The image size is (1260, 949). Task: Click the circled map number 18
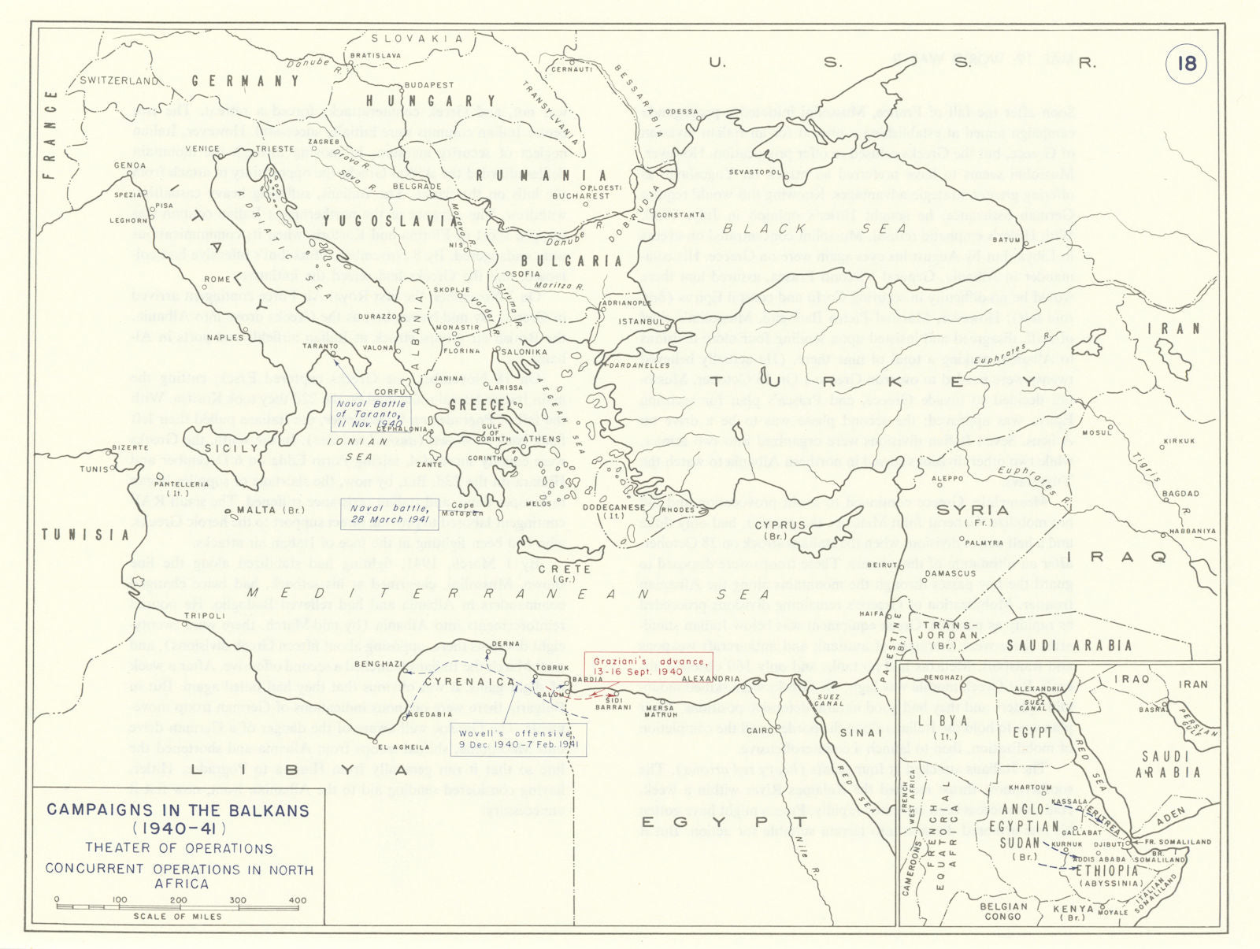click(x=1186, y=62)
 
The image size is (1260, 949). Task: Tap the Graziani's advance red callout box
click(x=648, y=665)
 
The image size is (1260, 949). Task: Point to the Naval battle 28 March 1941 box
click(x=390, y=513)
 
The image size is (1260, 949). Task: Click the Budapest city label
click(x=428, y=85)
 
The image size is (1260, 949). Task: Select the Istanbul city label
click(x=642, y=321)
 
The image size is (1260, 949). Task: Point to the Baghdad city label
click(x=1180, y=494)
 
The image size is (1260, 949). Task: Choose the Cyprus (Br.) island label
click(x=780, y=529)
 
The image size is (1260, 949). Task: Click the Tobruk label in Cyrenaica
click(x=552, y=668)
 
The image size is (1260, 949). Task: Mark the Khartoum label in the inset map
click(x=1030, y=788)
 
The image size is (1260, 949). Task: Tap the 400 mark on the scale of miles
click(x=298, y=900)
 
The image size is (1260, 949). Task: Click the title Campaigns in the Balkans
click(x=178, y=810)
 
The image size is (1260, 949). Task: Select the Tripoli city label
click(x=204, y=616)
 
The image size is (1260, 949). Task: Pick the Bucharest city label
click(x=580, y=196)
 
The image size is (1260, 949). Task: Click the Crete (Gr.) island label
click(x=565, y=573)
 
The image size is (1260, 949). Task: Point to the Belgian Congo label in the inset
click(x=1004, y=911)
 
